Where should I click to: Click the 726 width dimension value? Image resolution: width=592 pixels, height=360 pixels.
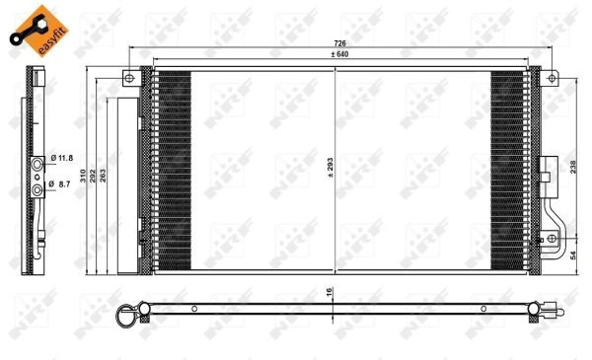coord(339,43)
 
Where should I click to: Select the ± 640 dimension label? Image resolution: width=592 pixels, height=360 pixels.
coord(339,54)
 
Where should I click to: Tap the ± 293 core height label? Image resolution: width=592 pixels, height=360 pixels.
coord(331,168)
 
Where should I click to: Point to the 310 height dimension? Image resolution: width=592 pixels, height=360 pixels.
coord(83,176)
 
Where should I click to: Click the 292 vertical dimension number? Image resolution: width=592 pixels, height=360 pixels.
coord(93,176)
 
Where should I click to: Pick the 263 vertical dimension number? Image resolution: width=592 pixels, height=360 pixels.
coord(103,176)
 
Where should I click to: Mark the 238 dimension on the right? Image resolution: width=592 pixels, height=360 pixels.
coord(573,167)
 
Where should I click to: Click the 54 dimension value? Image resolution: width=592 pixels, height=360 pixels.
coord(573,255)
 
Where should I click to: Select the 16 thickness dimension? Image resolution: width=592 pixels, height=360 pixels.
coord(329,292)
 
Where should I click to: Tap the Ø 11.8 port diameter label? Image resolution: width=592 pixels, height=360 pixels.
coord(61,158)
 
